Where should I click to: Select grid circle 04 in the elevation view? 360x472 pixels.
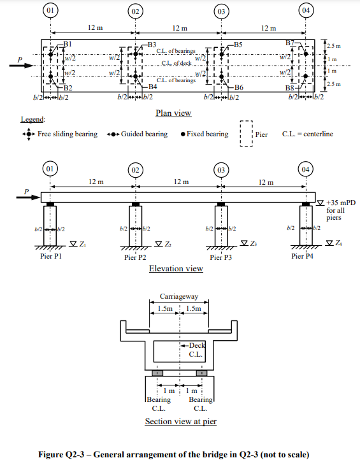tap(305, 169)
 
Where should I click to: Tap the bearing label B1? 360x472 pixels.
tap(68, 43)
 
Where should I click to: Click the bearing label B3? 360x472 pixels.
tap(152, 44)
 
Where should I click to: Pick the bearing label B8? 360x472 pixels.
tap(290, 87)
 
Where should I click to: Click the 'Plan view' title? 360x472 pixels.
tap(173, 113)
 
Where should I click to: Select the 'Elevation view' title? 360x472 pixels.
tap(176, 268)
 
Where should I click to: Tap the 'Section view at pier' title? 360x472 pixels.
tap(180, 422)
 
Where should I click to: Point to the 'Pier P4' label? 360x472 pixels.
tap(302, 256)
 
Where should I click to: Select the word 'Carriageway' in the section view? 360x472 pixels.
tap(178, 297)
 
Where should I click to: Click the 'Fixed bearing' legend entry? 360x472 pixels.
tap(207, 134)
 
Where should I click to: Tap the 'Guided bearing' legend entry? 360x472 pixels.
tap(144, 134)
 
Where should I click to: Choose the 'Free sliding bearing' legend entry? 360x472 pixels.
tap(68, 134)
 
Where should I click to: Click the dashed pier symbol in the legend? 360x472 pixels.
tap(247, 134)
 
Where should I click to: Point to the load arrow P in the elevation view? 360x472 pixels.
tap(26, 197)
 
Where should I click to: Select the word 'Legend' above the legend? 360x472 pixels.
tap(32, 119)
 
